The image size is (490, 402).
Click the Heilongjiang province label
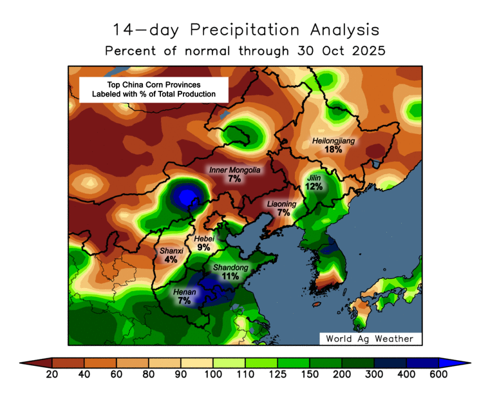(333, 140)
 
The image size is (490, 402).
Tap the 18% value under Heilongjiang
(333, 149)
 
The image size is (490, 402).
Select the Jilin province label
(314, 177)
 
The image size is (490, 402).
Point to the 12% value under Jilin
(314, 186)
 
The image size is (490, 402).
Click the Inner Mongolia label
(235, 170)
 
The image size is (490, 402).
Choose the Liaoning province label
(282, 204)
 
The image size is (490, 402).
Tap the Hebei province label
(204, 238)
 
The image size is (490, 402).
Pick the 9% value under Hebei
(204, 247)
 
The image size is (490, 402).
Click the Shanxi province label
(171, 251)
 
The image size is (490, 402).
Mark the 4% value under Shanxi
(171, 260)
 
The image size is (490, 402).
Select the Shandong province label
(231, 267)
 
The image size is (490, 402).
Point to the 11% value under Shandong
(231, 276)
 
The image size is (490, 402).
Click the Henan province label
(185, 292)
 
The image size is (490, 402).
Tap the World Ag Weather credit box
(370, 338)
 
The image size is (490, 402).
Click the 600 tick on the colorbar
(438, 374)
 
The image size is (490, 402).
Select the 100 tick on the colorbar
(213, 374)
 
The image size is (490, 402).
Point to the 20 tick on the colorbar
(52, 374)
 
